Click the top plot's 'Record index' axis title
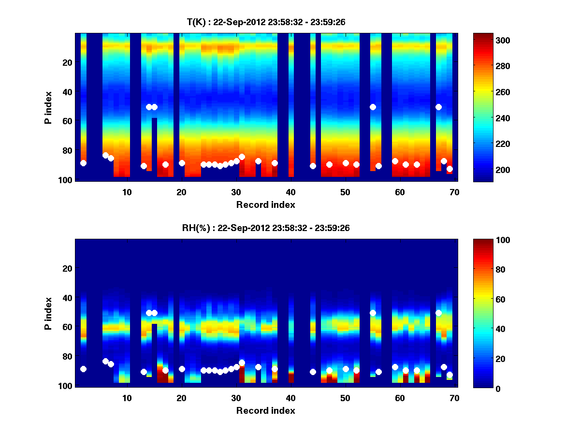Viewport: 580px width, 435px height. coord(265,204)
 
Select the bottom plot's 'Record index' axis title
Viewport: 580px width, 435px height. coord(265,410)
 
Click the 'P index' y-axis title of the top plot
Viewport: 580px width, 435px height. coord(48,106)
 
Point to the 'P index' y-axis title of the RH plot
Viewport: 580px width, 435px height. coord(48,313)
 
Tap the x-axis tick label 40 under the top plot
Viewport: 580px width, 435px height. coord(290,192)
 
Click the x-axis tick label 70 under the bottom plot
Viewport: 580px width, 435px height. coord(454,398)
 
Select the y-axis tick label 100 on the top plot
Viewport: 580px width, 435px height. coord(66,180)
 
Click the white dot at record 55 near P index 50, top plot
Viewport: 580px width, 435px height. coord(373,107)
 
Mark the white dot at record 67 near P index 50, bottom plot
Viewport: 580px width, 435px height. coord(438,313)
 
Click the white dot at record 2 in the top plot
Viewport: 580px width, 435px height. coord(83,163)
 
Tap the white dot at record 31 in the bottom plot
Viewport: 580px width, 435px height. coord(242,362)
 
